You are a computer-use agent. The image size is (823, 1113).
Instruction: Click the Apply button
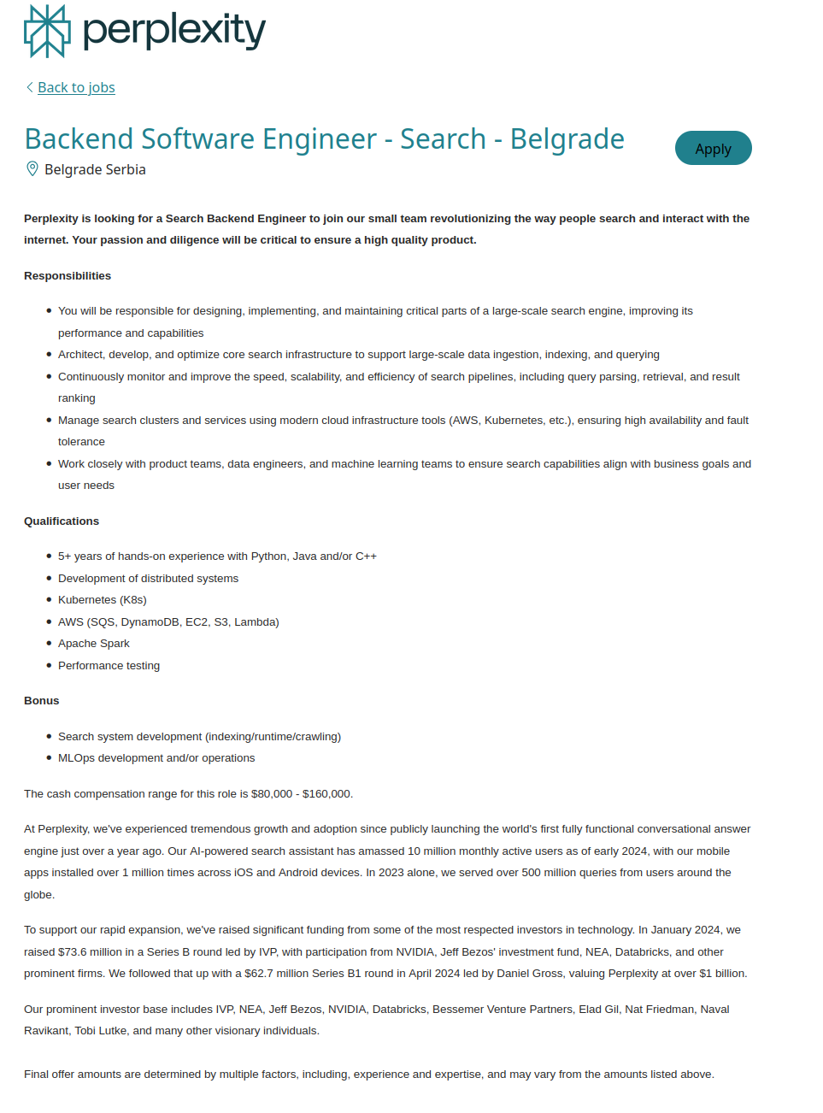click(713, 148)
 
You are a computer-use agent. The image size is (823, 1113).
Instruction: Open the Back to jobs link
click(76, 87)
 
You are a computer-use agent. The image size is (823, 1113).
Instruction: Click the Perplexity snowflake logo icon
click(47, 31)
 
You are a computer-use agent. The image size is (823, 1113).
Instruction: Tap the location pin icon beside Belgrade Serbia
click(32, 168)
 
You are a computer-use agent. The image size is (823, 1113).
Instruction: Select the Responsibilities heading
click(68, 275)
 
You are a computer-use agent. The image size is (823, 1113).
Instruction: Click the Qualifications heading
click(62, 521)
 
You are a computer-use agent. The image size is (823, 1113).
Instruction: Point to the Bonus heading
click(42, 700)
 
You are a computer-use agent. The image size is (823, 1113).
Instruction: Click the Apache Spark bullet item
click(94, 643)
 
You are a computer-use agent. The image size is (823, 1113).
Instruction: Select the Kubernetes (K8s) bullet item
click(103, 599)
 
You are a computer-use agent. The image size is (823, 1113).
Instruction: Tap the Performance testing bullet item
click(109, 665)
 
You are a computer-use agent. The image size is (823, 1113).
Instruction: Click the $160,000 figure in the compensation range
click(326, 793)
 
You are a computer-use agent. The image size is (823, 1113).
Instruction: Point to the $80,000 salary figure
click(272, 793)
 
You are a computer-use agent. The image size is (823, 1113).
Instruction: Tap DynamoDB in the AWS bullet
click(150, 621)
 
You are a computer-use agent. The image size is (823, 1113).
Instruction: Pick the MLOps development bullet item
click(156, 757)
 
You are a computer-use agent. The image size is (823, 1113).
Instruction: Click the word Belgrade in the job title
click(567, 138)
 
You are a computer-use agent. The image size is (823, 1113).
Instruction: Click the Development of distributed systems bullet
click(148, 578)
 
